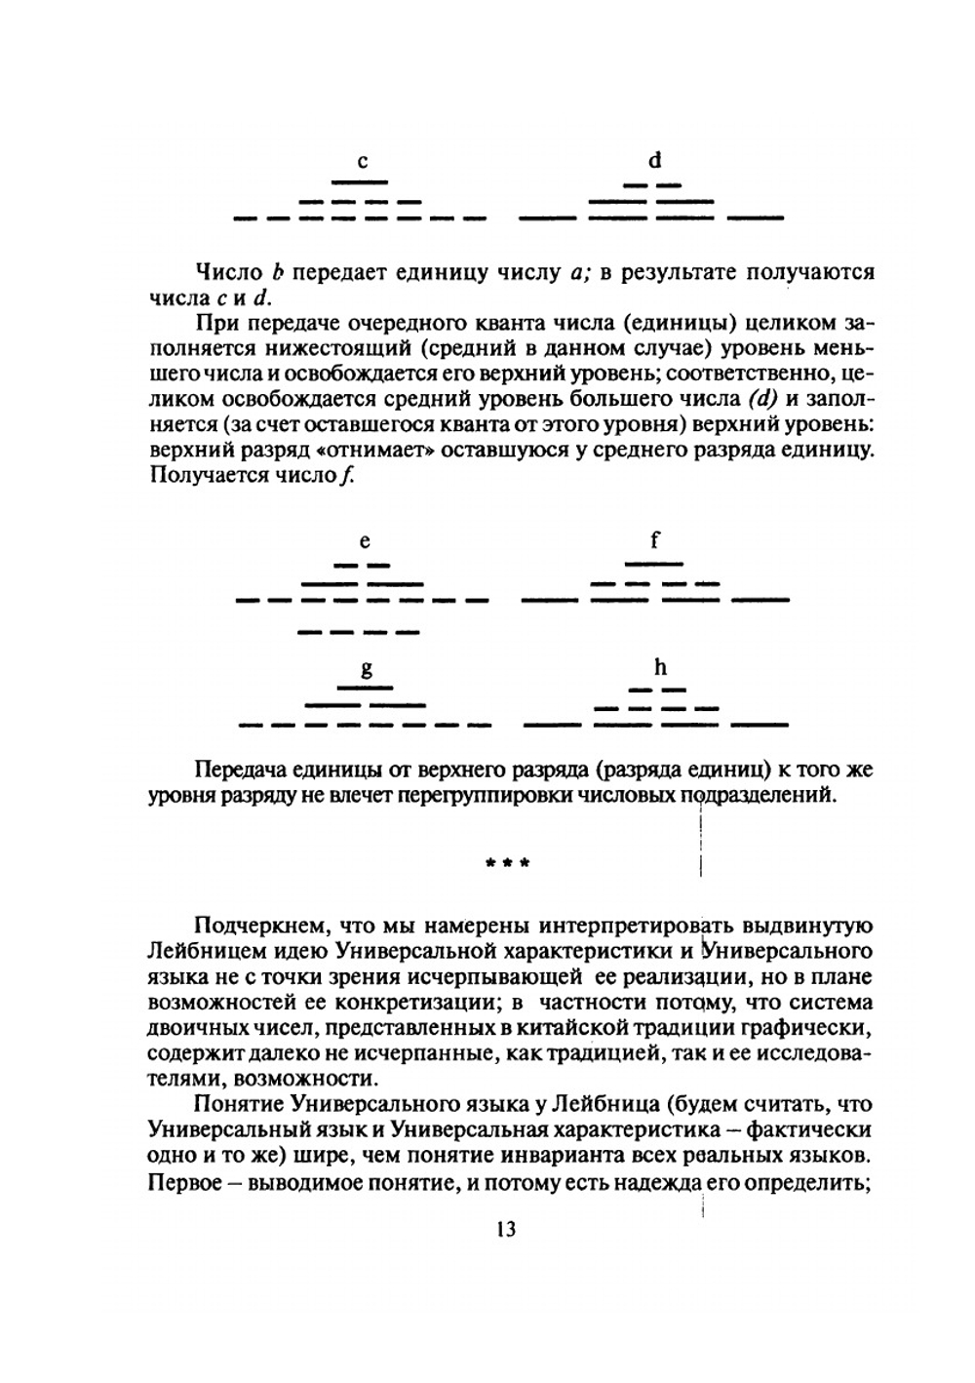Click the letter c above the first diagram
[x=363, y=162]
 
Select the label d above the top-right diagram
[x=655, y=159]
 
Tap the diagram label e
[x=365, y=541]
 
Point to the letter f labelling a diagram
[x=655, y=539]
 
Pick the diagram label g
[x=367, y=670]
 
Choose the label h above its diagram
[x=660, y=667]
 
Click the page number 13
[x=505, y=1229]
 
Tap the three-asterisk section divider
[x=507, y=863]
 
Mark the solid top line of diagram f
[x=654, y=564]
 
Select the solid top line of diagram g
[x=366, y=689]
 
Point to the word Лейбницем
[x=200, y=950]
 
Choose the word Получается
[x=202, y=476]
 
